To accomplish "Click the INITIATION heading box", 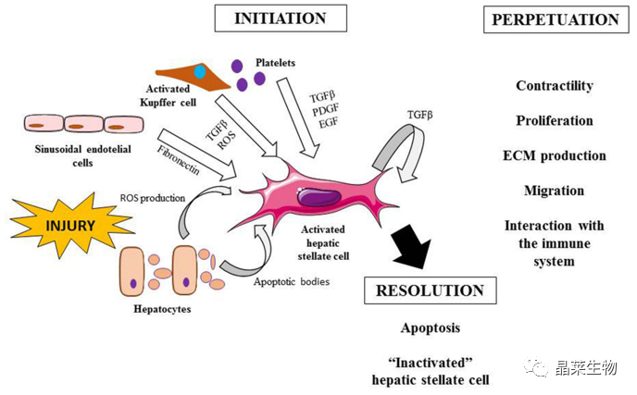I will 281,19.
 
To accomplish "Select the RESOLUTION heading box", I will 430,291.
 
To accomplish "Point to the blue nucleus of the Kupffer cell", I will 200,71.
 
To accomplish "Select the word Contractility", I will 554,86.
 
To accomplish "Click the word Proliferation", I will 554,120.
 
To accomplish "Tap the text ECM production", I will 554,155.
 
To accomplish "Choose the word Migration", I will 554,191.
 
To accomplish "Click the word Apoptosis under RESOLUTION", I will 430,327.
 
